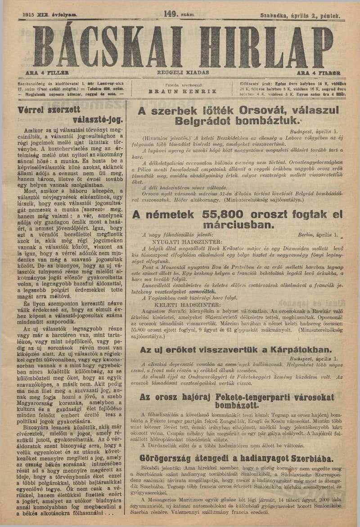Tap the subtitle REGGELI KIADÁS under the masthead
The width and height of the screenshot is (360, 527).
[x=183, y=72]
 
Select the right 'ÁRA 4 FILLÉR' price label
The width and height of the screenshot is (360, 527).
[x=318, y=72]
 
